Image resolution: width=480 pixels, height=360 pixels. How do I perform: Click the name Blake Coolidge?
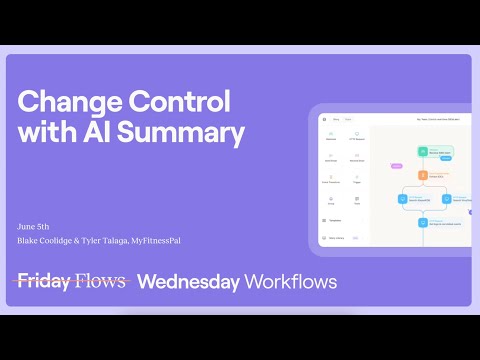pyautogui.click(x=45, y=241)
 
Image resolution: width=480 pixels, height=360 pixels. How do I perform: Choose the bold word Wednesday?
pyautogui.click(x=187, y=281)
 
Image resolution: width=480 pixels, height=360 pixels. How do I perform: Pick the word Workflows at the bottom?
pyautogui.click(x=290, y=281)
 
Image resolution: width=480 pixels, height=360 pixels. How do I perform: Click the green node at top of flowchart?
pyautogui.click(x=422, y=152)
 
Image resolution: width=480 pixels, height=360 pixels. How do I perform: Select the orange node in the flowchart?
pyautogui.click(x=422, y=175)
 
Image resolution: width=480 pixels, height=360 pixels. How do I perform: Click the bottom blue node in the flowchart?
pyautogui.click(x=422, y=223)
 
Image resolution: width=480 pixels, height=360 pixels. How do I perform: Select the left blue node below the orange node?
pyautogui.click(x=401, y=198)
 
